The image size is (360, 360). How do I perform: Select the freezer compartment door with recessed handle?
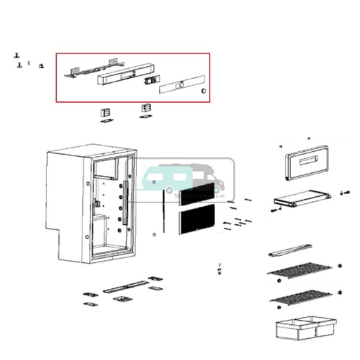coord(307,166)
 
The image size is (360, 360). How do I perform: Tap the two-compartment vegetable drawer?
coord(304,328)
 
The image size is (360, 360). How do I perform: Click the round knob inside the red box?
coord(203,90)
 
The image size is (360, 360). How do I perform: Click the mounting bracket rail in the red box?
coord(91,68)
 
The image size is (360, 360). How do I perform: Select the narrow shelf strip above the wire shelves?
coord(290,249)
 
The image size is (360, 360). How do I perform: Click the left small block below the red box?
coord(105,112)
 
